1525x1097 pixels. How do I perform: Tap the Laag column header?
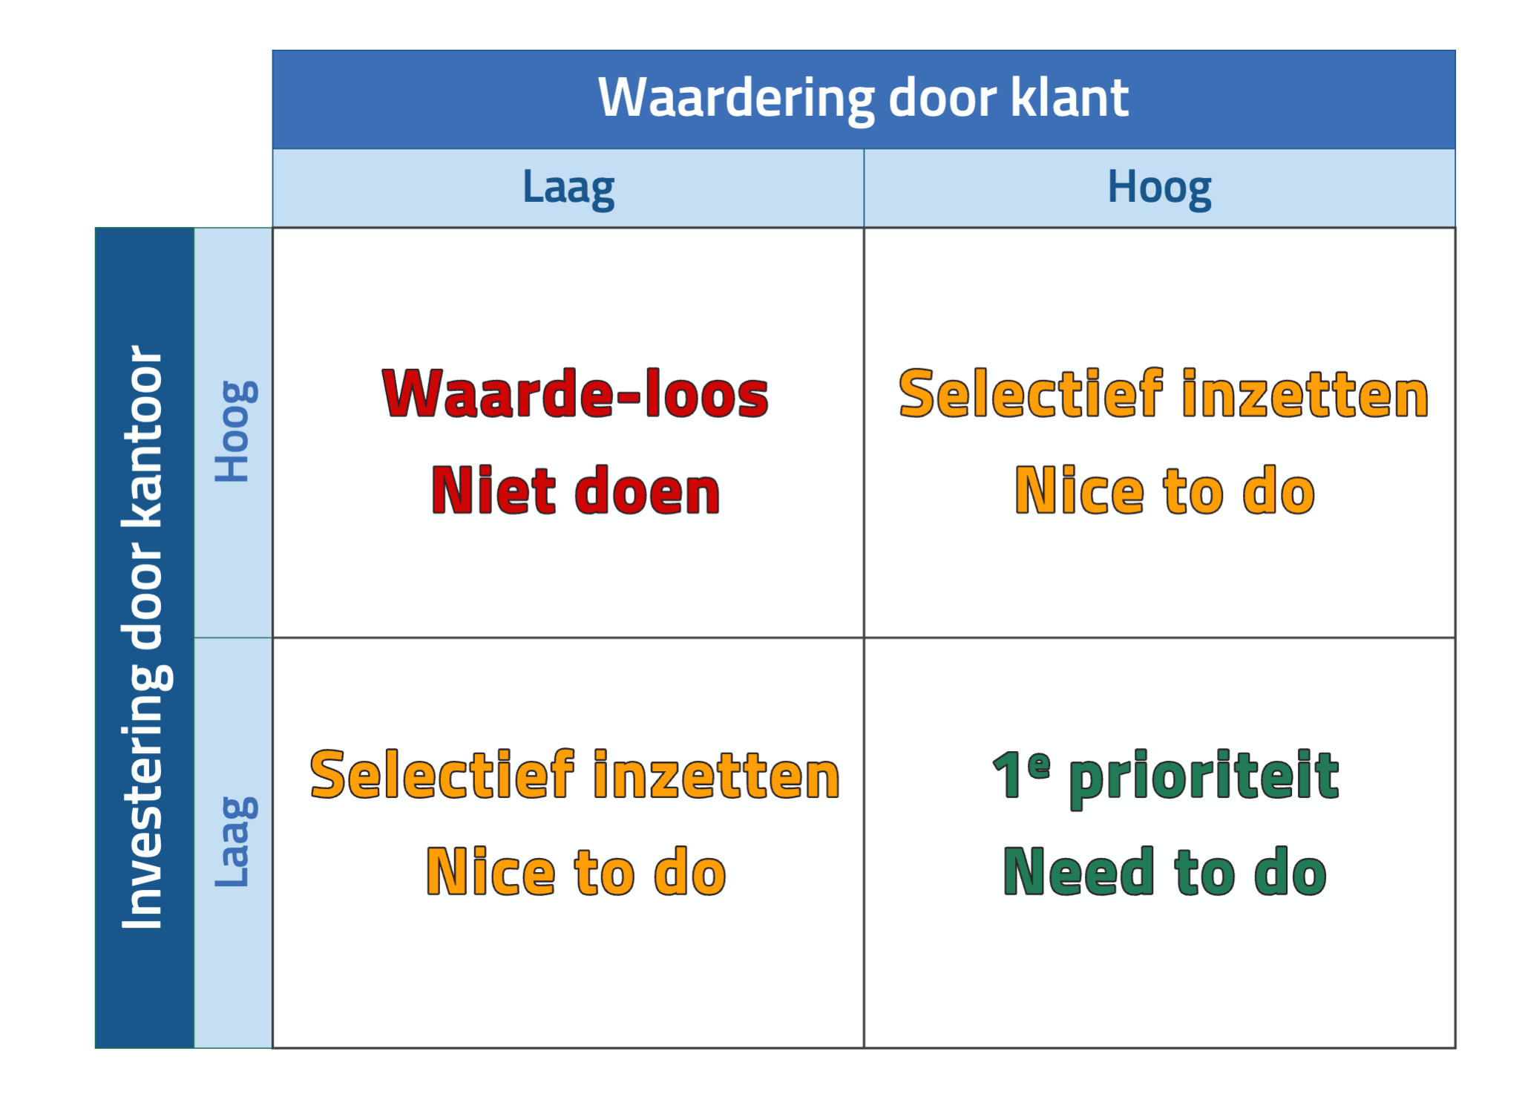pos(568,189)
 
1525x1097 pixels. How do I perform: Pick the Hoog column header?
pos(1159,189)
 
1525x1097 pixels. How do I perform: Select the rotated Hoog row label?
pos(236,431)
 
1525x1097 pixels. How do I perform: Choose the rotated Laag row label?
pos(236,842)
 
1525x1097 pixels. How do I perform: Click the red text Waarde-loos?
pos(575,393)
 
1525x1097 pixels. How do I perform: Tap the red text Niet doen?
pos(575,490)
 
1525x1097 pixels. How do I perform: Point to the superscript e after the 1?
pos(1039,764)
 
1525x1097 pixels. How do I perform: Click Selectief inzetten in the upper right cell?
pos(1164,393)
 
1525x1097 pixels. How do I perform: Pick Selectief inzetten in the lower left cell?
pos(575,775)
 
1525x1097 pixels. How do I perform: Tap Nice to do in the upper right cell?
pos(1164,490)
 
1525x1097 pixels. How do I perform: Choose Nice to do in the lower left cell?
pos(576,871)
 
